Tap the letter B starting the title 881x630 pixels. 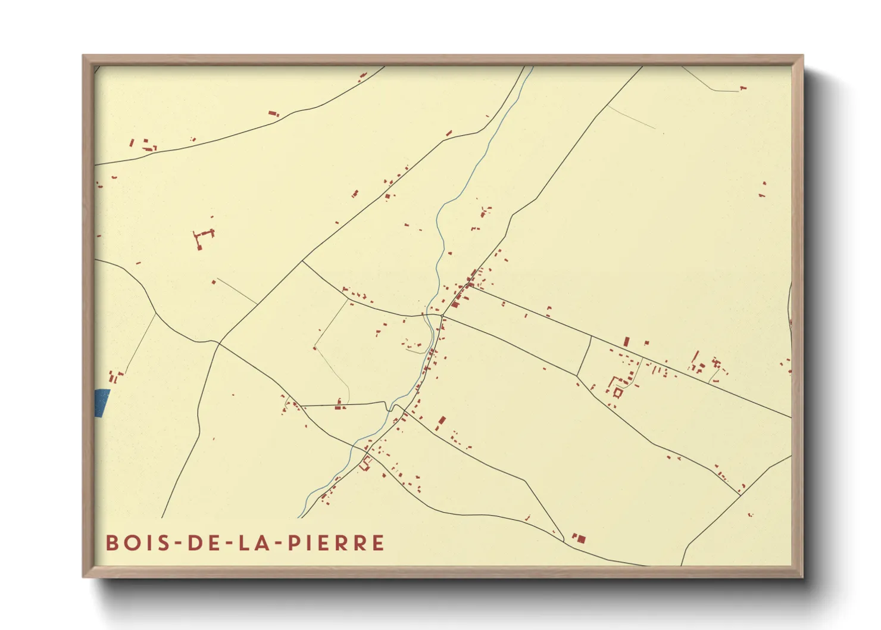pos(112,543)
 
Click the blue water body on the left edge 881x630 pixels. pos(102,403)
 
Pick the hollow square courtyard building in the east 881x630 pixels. pos(617,392)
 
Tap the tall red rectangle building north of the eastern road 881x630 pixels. pos(626,342)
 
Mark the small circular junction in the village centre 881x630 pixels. pos(442,316)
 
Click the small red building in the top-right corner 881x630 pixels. pos(742,88)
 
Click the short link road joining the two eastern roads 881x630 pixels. pos(584,355)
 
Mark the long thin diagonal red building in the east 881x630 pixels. pos(695,359)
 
